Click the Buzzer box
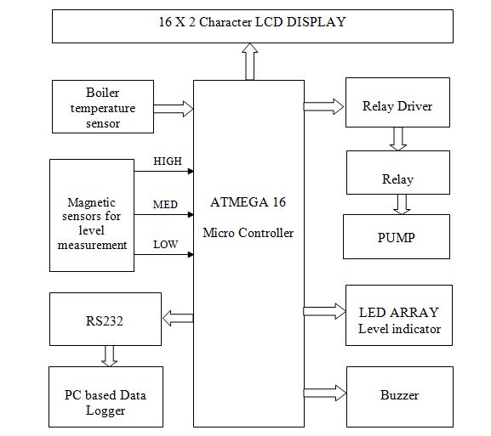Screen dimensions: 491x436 pos(400,397)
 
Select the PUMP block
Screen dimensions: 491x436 pos(397,237)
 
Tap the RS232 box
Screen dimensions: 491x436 pos(106,319)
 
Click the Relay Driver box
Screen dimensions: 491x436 pos(397,103)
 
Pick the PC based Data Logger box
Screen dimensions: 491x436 pos(106,397)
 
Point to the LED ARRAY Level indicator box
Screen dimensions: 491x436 pos(399,315)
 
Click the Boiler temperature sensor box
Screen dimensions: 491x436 pos(103,106)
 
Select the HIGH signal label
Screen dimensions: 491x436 pos(168,161)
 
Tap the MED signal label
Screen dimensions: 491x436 pos(165,205)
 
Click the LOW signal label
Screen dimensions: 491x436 pos(165,244)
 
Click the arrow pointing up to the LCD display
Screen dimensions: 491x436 pos(249,61)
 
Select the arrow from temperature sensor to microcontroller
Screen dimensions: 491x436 pos(174,109)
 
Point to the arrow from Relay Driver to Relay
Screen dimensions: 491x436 pos(398,139)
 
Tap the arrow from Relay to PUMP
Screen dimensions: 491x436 pos(402,204)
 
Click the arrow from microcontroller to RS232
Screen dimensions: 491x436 pos(178,318)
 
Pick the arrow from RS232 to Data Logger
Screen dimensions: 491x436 pos(109,356)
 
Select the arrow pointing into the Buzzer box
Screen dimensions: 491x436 pos(325,393)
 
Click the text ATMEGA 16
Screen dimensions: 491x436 pos(248,202)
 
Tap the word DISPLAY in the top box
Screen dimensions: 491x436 pos(317,22)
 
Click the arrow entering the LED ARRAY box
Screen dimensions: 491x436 pos(325,311)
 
